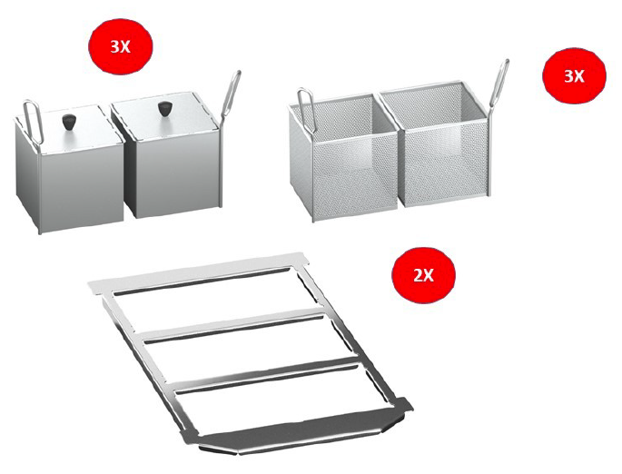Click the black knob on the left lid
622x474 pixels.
coord(69,122)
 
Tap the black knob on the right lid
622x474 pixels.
coord(163,109)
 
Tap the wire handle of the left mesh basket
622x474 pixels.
coord(305,109)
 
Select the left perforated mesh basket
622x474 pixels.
coord(343,158)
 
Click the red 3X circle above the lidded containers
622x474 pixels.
coord(120,46)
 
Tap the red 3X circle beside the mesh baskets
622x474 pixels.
coord(574,75)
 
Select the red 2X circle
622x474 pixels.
coord(424,274)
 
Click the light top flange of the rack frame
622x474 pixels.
coord(198,272)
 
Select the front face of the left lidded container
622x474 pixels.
coord(82,187)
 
